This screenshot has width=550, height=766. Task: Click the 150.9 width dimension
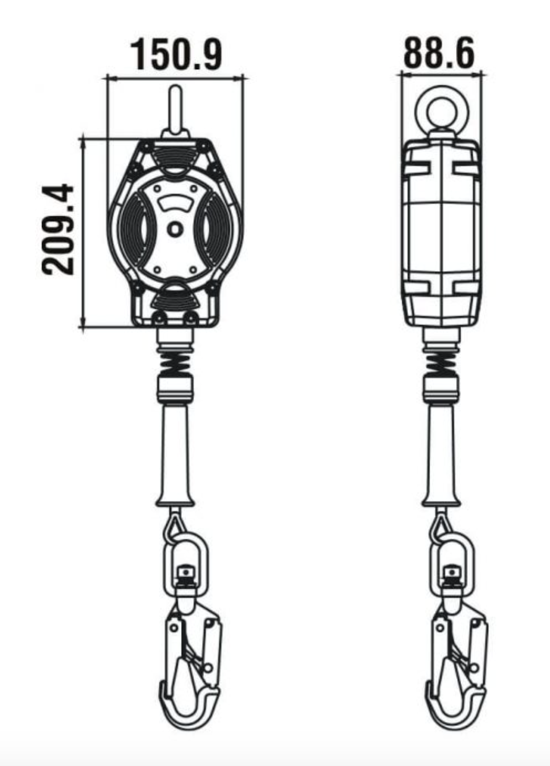click(176, 55)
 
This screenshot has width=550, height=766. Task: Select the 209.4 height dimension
click(59, 229)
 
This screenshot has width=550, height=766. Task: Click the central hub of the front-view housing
click(175, 229)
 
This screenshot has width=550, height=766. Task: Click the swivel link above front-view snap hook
click(185, 559)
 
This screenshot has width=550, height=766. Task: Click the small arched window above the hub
click(175, 201)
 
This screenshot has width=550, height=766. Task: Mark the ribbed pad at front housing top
click(176, 154)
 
